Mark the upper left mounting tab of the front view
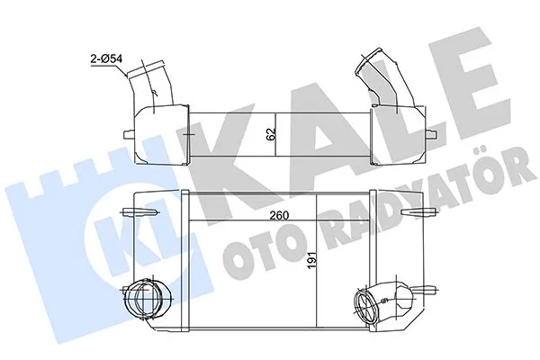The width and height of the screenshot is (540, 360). [134, 212]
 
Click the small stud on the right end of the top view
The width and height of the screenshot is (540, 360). [427, 130]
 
